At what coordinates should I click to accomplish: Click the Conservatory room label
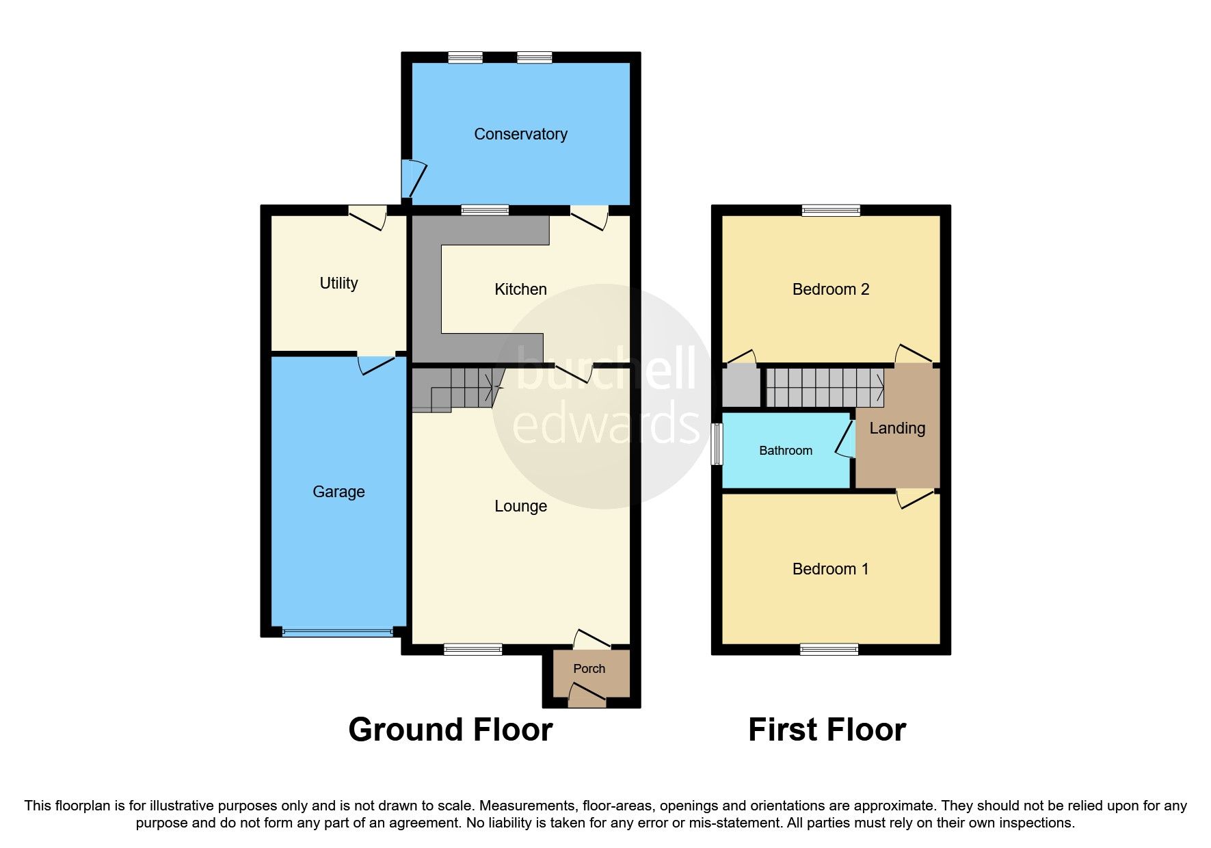pyautogui.click(x=520, y=134)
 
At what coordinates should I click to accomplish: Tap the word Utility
pyautogui.click(x=338, y=283)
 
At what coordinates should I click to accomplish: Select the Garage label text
pyautogui.click(x=338, y=492)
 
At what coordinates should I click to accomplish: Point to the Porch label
pyautogui.click(x=589, y=669)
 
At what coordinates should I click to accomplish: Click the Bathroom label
pyautogui.click(x=786, y=451)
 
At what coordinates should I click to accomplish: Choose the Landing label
pyautogui.click(x=897, y=428)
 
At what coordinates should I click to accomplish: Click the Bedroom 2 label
pyautogui.click(x=830, y=289)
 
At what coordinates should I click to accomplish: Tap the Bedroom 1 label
pyautogui.click(x=830, y=569)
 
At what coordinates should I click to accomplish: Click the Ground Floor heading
pyautogui.click(x=450, y=730)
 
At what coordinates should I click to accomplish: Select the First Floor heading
pyautogui.click(x=827, y=730)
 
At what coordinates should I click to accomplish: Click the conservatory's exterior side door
pyautogui.click(x=412, y=178)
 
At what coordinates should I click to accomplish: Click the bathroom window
pyautogui.click(x=717, y=445)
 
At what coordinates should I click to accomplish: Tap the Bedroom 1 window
pyautogui.click(x=829, y=649)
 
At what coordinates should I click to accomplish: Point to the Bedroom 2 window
pyautogui.click(x=831, y=210)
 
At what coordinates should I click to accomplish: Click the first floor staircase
pyautogui.click(x=824, y=388)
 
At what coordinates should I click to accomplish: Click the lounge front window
pyautogui.click(x=473, y=649)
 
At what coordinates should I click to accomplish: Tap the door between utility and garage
pyautogui.click(x=376, y=362)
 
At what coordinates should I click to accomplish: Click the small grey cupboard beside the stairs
pyautogui.click(x=741, y=387)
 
